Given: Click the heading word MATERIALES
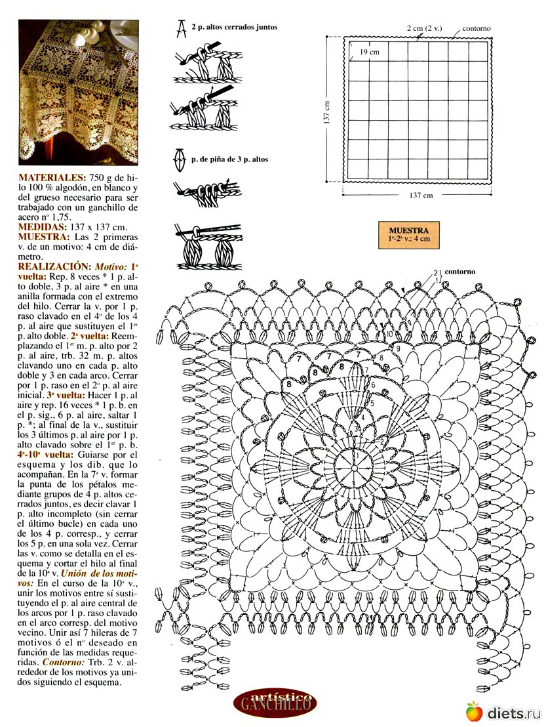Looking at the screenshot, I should click(52, 178).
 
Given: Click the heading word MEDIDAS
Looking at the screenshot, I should click(42, 226).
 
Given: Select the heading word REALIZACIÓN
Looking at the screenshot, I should click(54, 267).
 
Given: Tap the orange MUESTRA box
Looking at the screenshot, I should click(408, 234).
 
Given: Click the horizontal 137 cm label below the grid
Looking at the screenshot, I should click(420, 195).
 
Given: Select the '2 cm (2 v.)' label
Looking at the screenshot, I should click(424, 28).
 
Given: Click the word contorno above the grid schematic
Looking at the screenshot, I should click(476, 29).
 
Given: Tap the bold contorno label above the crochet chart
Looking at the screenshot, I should click(459, 271).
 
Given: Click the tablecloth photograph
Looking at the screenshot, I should click(79, 92).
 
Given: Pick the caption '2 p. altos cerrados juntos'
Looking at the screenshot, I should click(235, 28).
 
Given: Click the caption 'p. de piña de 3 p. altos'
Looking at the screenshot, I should click(229, 159).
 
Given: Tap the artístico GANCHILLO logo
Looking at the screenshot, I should click(275, 705).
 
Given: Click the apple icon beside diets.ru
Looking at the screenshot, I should click(474, 711).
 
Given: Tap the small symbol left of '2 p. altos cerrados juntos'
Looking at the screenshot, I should click(179, 28).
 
